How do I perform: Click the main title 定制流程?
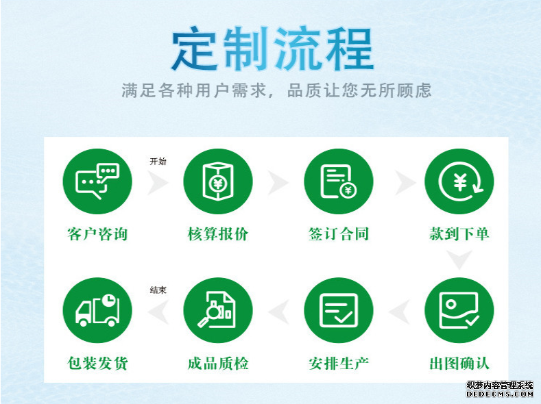click(273, 49)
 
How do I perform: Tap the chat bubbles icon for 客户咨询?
click(97, 181)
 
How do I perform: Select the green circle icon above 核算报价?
click(218, 181)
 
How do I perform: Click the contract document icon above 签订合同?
click(339, 181)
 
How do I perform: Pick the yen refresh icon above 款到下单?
click(459, 181)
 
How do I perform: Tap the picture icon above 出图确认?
click(459, 310)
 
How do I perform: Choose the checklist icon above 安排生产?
click(339, 310)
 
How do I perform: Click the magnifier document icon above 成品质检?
click(218, 310)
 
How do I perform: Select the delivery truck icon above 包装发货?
click(97, 310)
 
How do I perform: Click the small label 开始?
click(158, 161)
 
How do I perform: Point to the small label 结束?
click(158, 290)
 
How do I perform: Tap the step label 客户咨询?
click(97, 234)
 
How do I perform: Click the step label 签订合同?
click(339, 234)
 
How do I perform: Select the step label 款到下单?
click(459, 234)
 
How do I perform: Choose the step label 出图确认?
click(459, 363)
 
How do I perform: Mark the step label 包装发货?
click(97, 363)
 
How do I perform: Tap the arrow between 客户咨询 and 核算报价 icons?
click(158, 183)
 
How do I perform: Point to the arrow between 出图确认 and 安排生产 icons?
click(400, 312)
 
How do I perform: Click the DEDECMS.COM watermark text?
click(500, 394)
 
